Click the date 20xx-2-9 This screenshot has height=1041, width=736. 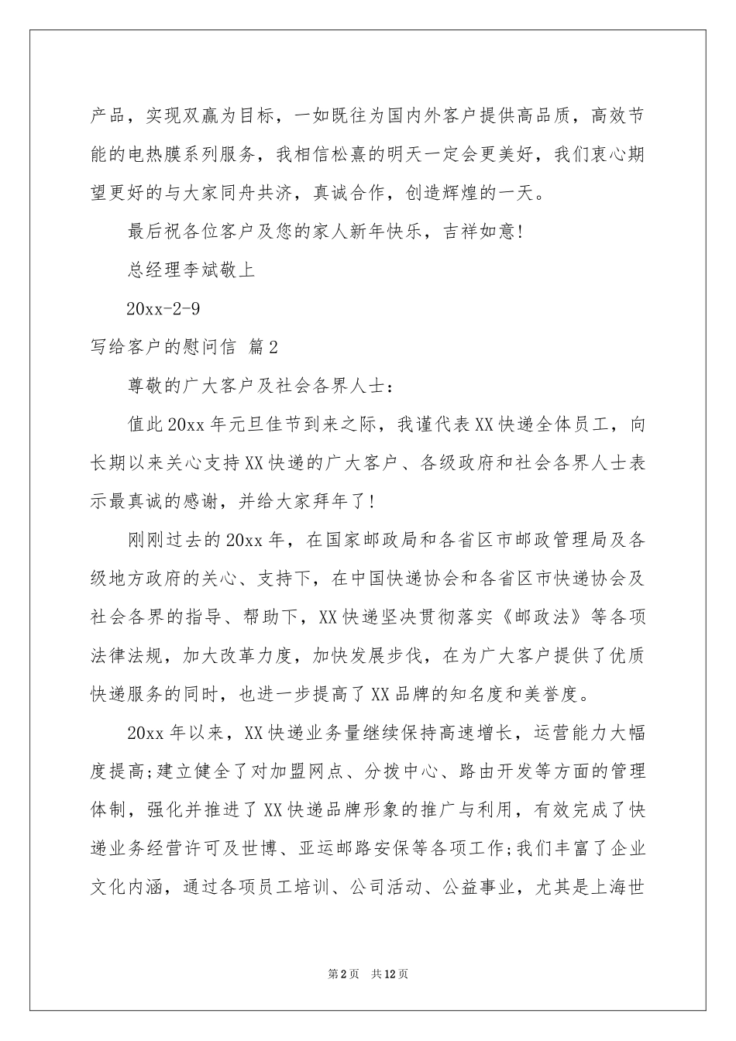click(x=163, y=308)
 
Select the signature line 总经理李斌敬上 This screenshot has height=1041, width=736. click(x=190, y=270)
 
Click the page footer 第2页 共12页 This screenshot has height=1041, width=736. click(x=368, y=974)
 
